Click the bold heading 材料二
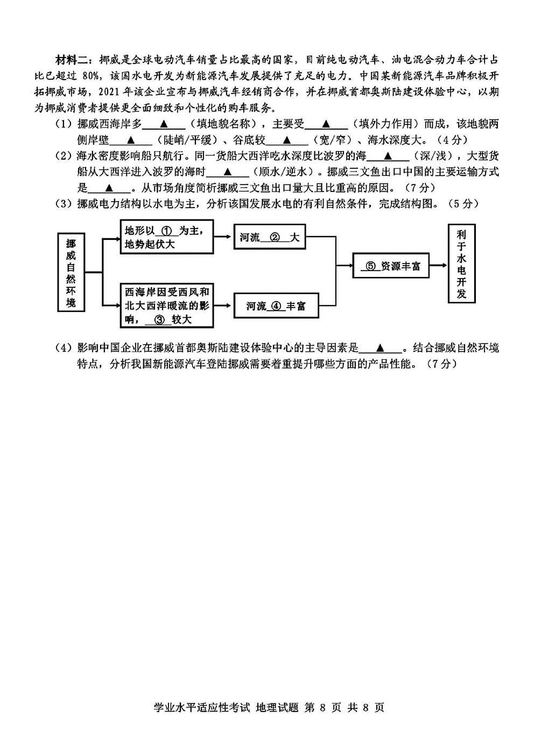(x=72, y=61)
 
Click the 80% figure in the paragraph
(x=90, y=76)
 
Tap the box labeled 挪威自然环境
(x=71, y=272)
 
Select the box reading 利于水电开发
(x=461, y=264)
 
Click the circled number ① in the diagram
(x=166, y=231)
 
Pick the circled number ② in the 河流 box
(x=275, y=238)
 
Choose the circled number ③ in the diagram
(x=158, y=319)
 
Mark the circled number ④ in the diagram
(x=276, y=306)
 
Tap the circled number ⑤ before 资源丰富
(x=370, y=266)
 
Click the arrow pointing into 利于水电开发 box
(x=438, y=266)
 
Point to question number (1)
(x=65, y=124)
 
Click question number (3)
(x=65, y=204)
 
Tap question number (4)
(x=65, y=348)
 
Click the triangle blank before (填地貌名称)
(x=164, y=124)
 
